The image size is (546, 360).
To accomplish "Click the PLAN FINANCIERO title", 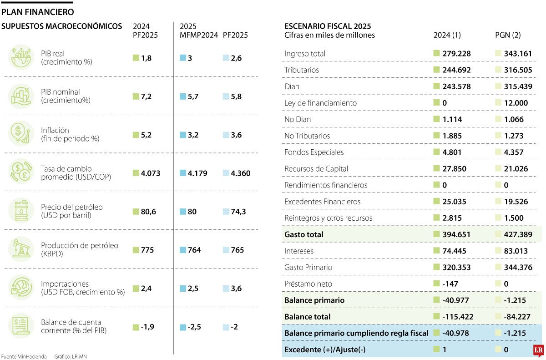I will (38, 12).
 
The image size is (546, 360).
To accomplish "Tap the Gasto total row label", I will (304, 235).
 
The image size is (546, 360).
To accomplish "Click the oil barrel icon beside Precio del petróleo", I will (21, 211).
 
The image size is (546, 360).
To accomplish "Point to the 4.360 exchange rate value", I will (240, 173).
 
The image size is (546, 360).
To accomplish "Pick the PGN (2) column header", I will (508, 35).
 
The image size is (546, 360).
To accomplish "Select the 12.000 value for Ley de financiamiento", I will (516, 103).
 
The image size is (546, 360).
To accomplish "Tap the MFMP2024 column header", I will (199, 35).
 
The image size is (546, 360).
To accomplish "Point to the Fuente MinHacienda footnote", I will (24, 356).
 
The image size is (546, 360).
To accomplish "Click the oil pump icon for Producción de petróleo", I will (21, 249).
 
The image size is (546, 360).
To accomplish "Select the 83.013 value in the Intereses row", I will (516, 251).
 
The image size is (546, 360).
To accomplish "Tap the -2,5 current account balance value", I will (195, 327).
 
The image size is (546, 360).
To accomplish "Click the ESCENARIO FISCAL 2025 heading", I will (328, 26).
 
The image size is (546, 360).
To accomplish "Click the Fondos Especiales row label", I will (314, 152).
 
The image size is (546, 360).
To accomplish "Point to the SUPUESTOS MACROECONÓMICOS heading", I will (62, 26).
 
